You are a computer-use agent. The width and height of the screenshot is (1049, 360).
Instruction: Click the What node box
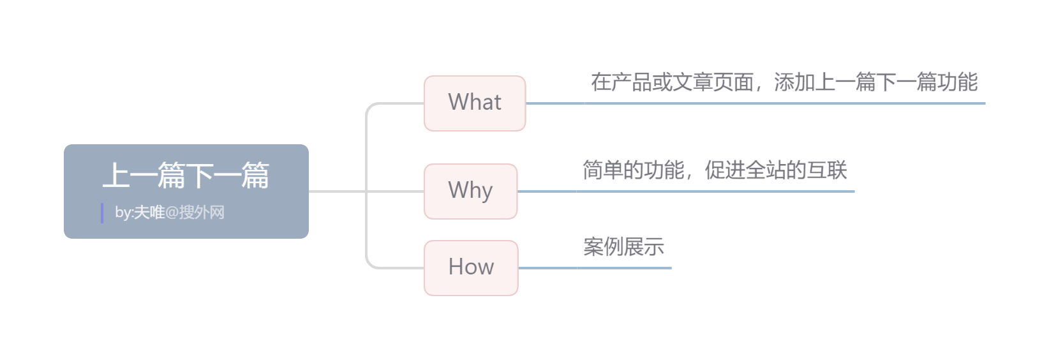(x=475, y=103)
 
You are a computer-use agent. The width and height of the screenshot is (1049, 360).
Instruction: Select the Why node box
(x=470, y=191)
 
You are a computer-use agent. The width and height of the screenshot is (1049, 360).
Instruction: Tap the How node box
(x=471, y=267)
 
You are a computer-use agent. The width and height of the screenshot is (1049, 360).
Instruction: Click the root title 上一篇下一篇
(x=186, y=176)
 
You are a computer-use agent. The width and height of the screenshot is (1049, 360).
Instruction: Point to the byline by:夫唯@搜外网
(x=170, y=213)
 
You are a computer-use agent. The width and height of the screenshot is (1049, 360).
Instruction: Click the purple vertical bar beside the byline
(x=102, y=213)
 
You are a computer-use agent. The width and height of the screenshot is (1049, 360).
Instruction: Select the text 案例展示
(x=623, y=246)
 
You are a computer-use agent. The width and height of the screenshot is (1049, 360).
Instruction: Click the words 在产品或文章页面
(x=672, y=82)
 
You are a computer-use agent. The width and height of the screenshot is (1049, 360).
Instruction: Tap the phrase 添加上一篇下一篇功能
(x=875, y=82)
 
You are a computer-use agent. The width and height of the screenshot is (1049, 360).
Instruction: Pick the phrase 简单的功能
(x=633, y=170)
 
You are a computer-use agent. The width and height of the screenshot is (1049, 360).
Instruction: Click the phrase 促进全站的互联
(x=776, y=170)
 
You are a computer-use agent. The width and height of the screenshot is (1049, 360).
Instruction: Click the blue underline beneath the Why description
(x=715, y=191)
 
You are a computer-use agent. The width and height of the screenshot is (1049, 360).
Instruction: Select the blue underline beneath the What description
(x=785, y=103)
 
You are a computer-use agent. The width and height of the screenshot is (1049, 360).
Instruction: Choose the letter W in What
(x=458, y=102)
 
